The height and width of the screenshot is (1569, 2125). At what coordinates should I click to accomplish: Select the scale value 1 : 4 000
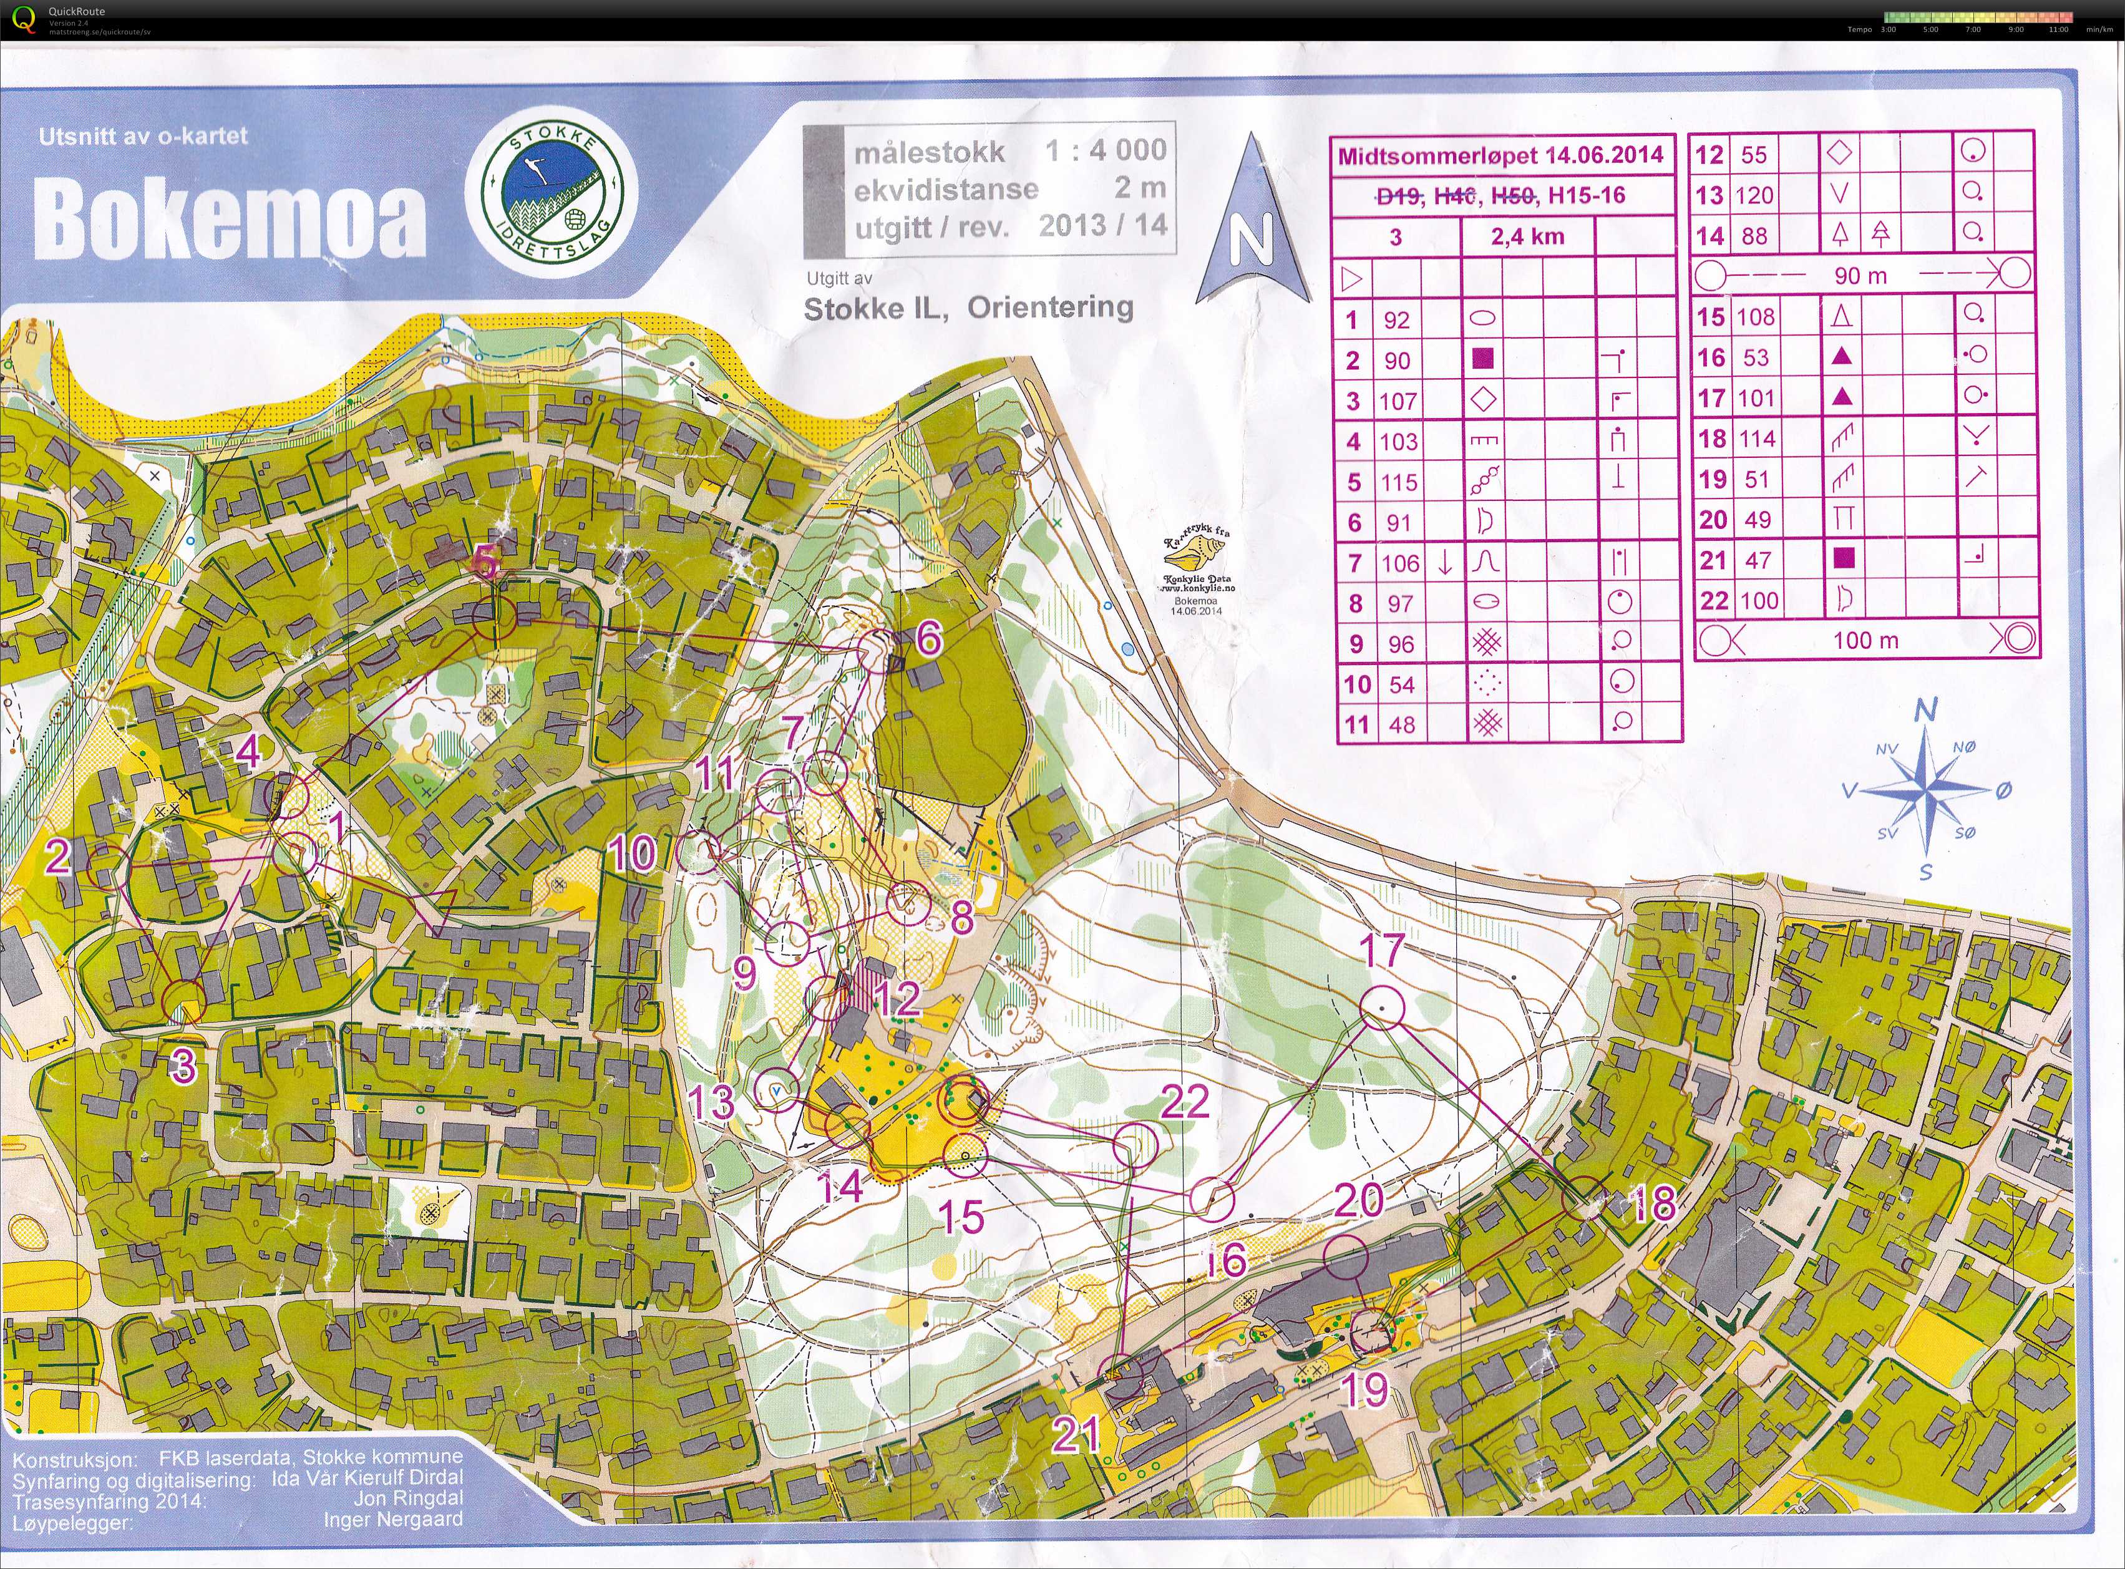click(1105, 150)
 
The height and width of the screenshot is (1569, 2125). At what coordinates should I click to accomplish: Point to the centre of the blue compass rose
click(1927, 790)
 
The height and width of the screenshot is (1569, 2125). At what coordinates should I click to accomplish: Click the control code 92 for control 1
click(1396, 320)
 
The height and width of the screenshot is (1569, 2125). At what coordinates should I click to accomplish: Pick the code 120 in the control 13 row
click(1754, 196)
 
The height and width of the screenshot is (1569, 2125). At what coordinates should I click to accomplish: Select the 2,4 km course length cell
click(1527, 236)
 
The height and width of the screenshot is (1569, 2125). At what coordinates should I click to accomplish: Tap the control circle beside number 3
click(183, 1000)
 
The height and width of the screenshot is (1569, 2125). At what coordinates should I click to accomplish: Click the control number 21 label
click(1076, 1435)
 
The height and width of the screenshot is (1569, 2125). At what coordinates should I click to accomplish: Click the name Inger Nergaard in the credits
click(392, 1520)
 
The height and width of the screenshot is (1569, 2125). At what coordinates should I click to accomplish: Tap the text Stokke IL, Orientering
click(968, 308)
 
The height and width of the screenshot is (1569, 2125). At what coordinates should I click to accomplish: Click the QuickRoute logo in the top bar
click(25, 18)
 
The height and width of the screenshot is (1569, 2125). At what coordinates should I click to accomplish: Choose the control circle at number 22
click(1135, 1144)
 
